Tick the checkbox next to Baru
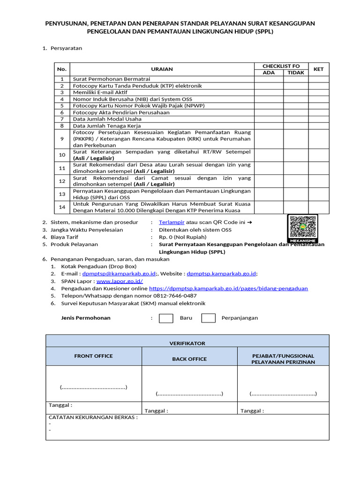pyautogui.click(x=166, y=318)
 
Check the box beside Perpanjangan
pyautogui.click(x=208, y=318)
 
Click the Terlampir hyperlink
pyautogui.click(x=172, y=222)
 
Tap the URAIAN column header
pyautogui.click(x=162, y=69)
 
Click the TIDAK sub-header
pyautogui.click(x=296, y=73)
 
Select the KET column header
pyautogui.click(x=319, y=69)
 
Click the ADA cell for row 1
pyautogui.click(x=269, y=79)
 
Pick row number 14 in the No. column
pyautogui.click(x=62, y=207)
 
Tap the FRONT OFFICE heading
pyautogui.click(x=93, y=356)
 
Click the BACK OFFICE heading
pyautogui.click(x=189, y=359)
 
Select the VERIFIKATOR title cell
pyautogui.click(x=187, y=343)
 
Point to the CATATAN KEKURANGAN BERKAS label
pyautogui.click(x=93, y=417)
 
